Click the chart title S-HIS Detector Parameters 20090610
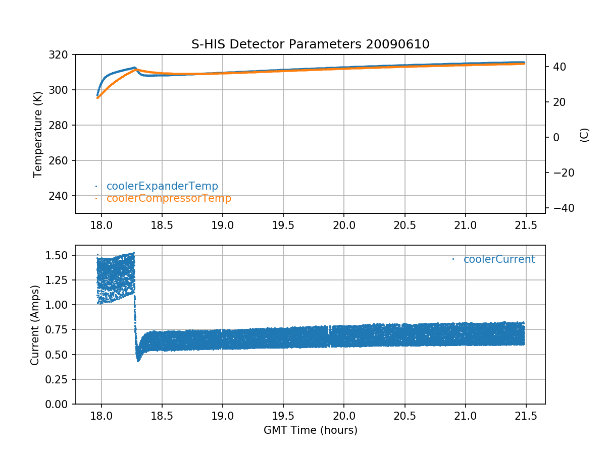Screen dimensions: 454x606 310,44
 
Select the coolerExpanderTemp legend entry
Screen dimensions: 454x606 162,186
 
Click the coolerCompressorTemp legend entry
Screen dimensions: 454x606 169,198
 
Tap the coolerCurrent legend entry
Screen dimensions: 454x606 499,259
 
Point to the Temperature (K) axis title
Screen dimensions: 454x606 37,134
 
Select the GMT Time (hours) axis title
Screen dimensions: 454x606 310,430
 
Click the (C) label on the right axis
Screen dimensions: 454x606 584,135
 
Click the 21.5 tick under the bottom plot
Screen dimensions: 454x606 526,415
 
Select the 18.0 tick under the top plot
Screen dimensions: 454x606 101,224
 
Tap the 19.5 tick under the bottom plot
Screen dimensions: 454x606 283,415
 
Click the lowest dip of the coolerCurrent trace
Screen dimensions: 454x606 138,360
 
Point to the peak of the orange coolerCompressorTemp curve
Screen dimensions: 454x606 136,70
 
